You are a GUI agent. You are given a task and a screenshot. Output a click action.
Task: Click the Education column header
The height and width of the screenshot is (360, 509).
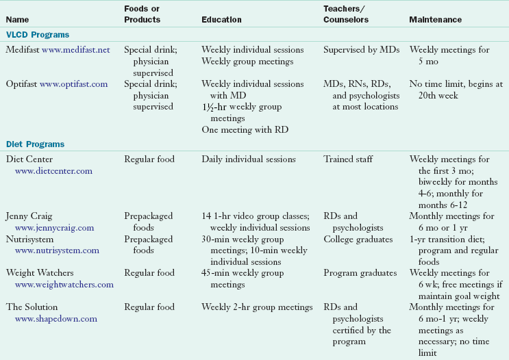[x=221, y=20]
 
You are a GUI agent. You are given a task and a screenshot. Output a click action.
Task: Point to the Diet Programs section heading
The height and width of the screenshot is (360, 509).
[x=36, y=144]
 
